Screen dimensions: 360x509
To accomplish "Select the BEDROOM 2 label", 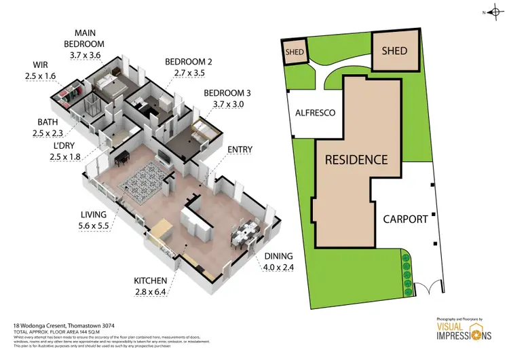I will click(x=189, y=62).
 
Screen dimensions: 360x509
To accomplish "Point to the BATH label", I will click(x=50, y=122).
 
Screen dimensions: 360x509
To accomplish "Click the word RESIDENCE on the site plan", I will click(x=356, y=160).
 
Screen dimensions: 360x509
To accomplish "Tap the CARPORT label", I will click(x=405, y=219).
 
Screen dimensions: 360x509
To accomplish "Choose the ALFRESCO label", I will click(x=315, y=113).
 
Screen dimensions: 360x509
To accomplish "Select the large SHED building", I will click(x=394, y=51).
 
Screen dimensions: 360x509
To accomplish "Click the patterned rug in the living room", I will click(x=145, y=183).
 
